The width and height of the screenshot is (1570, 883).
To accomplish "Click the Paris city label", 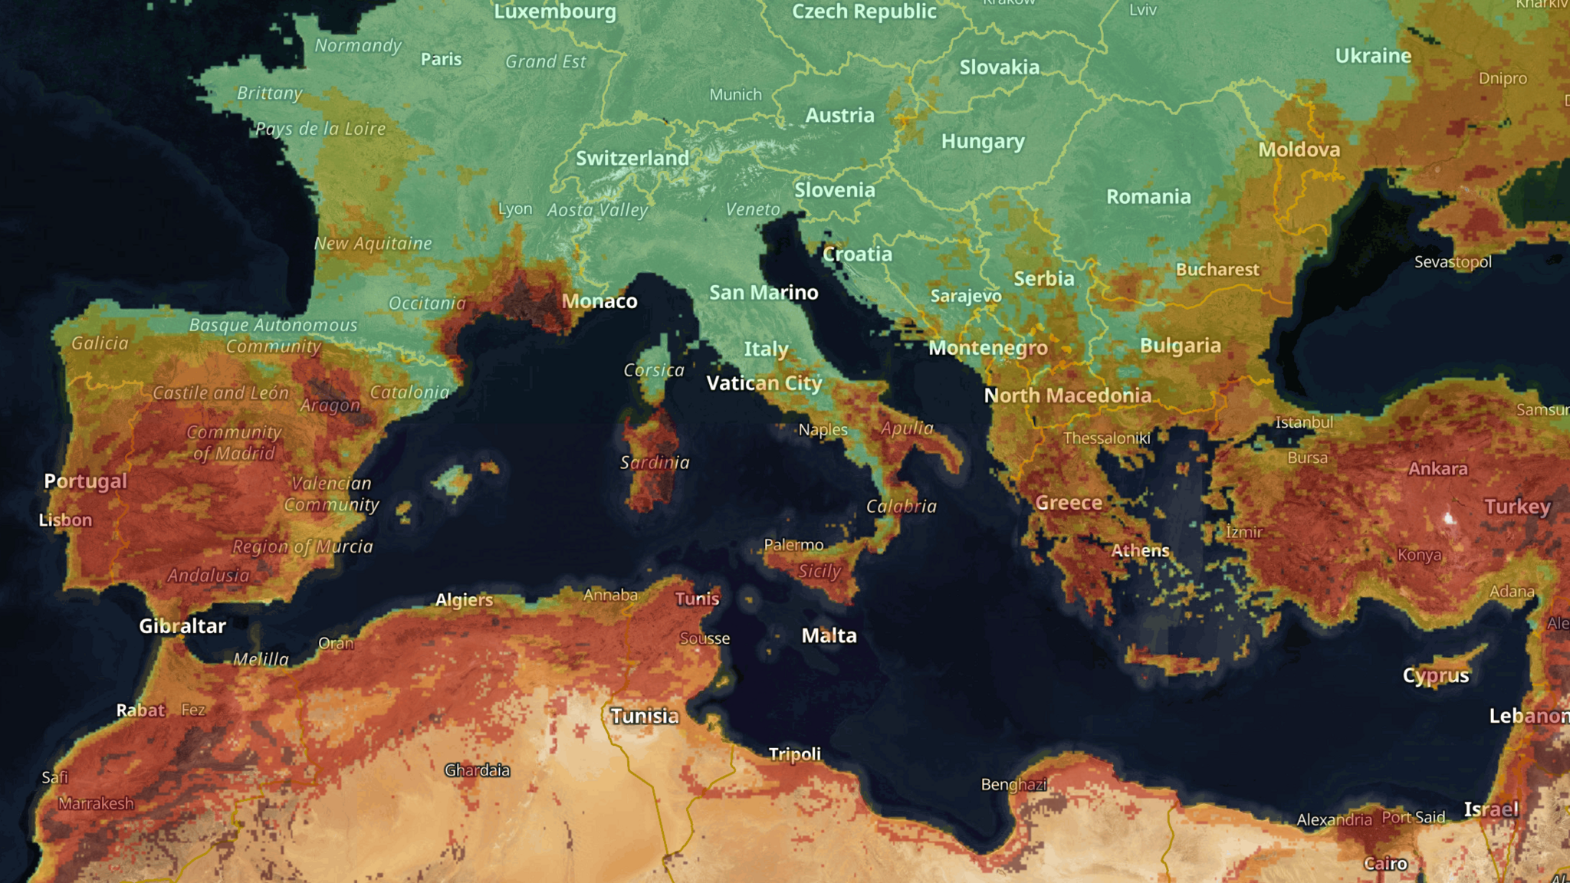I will point(441,59).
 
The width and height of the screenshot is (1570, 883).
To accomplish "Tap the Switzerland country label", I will point(632,158).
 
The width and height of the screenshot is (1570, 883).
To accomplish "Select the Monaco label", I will point(599,301).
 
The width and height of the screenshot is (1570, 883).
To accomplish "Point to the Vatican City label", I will point(764,382).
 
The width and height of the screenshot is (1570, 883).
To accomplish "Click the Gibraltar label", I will point(182,626).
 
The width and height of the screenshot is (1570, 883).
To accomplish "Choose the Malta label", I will point(829,635).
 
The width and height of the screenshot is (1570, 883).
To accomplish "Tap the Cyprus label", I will point(1436,675).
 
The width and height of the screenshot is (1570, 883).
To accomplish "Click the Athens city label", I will point(1140,550).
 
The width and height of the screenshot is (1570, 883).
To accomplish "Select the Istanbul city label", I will point(1304,422).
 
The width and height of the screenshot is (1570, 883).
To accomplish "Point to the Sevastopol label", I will point(1453,262).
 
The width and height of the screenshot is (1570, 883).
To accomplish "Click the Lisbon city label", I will point(66,520).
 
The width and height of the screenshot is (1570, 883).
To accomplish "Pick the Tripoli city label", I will point(794,754).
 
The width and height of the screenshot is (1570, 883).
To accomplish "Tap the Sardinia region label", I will point(655,462).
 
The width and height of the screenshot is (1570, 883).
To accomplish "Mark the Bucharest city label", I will point(1217,270).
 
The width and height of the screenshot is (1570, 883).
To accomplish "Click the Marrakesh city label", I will point(96,803).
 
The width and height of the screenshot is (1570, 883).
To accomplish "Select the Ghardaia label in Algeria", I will point(477,770).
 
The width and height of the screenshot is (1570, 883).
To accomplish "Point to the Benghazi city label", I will point(1013,784).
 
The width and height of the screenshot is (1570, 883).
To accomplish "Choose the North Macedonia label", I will point(1067,396).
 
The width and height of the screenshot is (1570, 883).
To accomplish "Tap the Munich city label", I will point(735,94).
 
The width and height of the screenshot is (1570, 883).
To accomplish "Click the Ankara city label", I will point(1437,468).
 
